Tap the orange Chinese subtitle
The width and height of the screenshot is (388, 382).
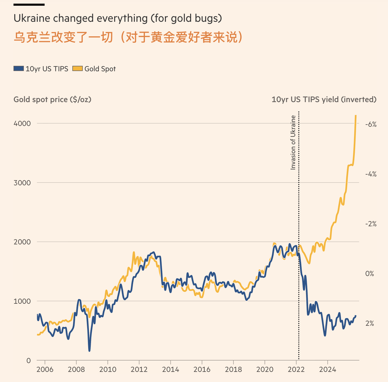(128, 37)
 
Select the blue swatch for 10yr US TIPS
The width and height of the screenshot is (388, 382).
(19, 69)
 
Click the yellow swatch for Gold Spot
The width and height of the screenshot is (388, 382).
(77, 69)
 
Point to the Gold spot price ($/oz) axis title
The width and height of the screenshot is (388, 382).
(52, 100)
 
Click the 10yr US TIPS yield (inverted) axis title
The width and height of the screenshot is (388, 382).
(324, 100)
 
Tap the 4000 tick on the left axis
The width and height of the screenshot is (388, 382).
(22, 123)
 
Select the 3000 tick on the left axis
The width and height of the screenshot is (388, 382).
(22, 183)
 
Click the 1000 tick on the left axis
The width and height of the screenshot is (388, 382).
(22, 301)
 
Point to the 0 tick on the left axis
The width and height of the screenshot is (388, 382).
(29, 360)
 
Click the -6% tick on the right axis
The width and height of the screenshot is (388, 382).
(371, 124)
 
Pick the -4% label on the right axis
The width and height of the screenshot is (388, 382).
(371, 174)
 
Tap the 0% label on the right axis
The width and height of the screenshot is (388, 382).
(370, 274)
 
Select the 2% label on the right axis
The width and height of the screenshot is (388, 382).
(370, 323)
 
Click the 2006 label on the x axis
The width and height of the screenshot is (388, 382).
(45, 370)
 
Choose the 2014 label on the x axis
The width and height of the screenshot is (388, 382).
(170, 370)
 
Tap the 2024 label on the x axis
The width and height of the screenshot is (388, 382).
(328, 370)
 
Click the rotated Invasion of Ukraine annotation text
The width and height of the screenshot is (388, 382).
(293, 143)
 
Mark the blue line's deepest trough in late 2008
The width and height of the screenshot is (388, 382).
(89, 350)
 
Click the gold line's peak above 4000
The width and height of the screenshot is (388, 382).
(356, 116)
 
